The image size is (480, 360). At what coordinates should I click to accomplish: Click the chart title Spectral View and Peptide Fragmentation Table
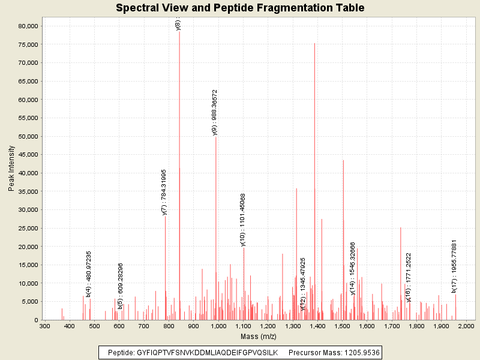click(240, 8)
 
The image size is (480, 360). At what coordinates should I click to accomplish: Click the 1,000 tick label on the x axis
click(218, 326)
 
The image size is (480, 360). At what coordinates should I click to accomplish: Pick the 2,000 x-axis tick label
click(466, 326)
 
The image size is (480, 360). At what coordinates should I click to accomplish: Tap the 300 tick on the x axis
click(44, 326)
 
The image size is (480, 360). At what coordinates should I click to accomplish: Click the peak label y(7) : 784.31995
click(164, 192)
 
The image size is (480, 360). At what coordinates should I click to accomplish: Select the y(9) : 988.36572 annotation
click(215, 113)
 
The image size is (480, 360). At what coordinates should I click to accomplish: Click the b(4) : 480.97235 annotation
click(89, 274)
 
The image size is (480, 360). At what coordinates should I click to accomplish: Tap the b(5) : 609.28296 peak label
click(121, 286)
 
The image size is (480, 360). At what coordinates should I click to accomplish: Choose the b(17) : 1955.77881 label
click(454, 266)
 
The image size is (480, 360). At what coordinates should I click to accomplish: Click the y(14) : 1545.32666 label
click(353, 269)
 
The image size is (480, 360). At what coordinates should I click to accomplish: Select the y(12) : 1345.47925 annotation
click(303, 284)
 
